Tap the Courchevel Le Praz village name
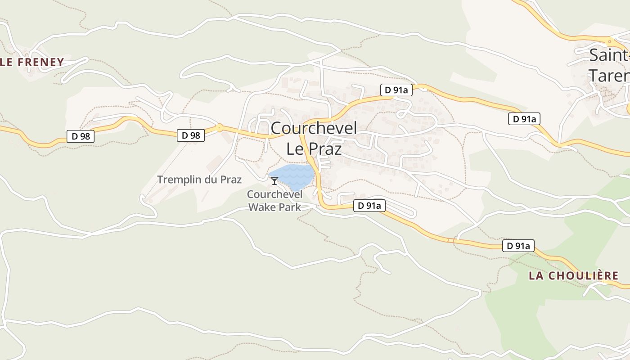tap(314, 138)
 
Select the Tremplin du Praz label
tap(199, 180)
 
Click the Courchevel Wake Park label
tap(274, 201)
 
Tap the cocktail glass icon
tap(274, 181)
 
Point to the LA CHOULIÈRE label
tap(573, 276)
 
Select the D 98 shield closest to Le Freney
tap(81, 136)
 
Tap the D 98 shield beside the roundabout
tap(191, 135)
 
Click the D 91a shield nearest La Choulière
tap(518, 246)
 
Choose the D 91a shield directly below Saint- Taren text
tap(524, 119)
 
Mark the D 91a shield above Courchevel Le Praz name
tap(396, 90)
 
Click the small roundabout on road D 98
tap(219, 128)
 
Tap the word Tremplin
tap(175, 180)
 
